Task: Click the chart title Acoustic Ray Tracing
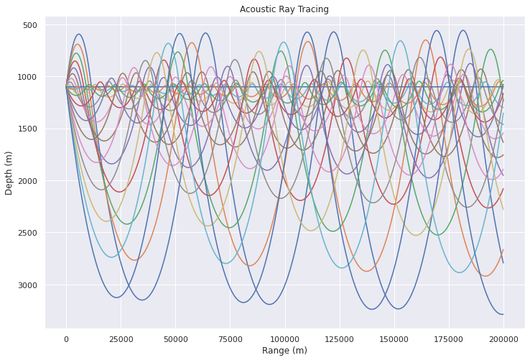(284, 9)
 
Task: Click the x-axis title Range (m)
(284, 350)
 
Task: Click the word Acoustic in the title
(257, 9)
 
